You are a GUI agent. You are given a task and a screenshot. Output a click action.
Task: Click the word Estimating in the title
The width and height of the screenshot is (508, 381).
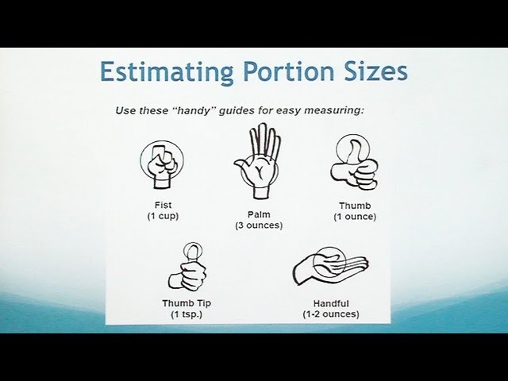pyautogui.click(x=167, y=72)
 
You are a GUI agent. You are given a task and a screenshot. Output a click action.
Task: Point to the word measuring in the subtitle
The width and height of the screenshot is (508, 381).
pyautogui.click(x=333, y=111)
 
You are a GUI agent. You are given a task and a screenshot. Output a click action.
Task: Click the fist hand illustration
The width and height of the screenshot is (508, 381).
pyautogui.click(x=162, y=164)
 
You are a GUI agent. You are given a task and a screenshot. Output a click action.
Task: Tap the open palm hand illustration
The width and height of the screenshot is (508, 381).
pyautogui.click(x=257, y=161)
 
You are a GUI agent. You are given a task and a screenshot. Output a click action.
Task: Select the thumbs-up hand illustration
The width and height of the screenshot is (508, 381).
pyautogui.click(x=354, y=162)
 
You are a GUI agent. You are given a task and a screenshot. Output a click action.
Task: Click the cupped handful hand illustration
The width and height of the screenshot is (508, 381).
pyautogui.click(x=330, y=266)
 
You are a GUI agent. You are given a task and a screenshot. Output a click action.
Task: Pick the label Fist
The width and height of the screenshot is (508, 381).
pyautogui.click(x=163, y=206)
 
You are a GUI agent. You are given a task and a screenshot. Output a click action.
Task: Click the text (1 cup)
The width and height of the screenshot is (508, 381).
pyautogui.click(x=163, y=216)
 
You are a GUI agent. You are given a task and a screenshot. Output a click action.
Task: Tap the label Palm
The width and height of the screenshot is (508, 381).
pyautogui.click(x=259, y=214)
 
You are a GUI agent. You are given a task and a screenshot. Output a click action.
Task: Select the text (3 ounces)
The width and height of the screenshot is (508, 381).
pyautogui.click(x=259, y=225)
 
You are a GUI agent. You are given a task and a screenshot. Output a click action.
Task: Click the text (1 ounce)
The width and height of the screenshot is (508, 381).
pyautogui.click(x=355, y=217)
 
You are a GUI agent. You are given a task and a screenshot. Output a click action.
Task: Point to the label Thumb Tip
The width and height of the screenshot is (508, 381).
pyautogui.click(x=187, y=303)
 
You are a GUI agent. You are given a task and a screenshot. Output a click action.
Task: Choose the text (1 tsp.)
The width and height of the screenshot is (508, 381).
pyautogui.click(x=187, y=314)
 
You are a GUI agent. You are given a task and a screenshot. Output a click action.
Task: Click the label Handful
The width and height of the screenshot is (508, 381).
pyautogui.click(x=331, y=303)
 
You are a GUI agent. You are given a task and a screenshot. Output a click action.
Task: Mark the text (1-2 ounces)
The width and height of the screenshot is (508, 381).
pyautogui.click(x=331, y=314)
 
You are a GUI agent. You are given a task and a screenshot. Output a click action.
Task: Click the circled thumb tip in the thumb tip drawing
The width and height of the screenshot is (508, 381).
pyautogui.click(x=192, y=251)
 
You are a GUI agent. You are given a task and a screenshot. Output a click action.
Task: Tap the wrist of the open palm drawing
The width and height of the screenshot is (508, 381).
pyautogui.click(x=261, y=192)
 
